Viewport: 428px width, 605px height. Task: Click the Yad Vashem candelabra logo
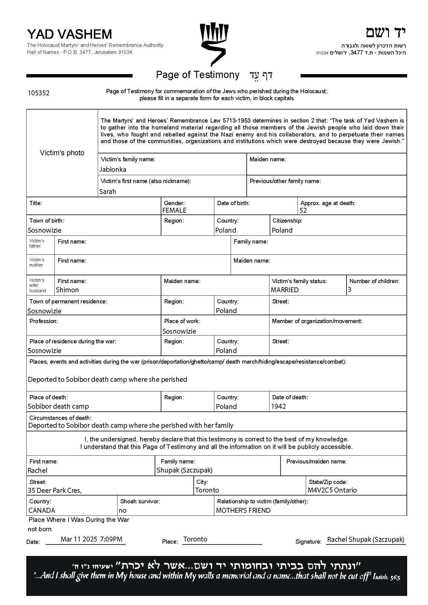[214, 44]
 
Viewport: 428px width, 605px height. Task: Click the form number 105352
[38, 93]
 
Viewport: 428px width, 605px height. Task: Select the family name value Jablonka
[113, 169]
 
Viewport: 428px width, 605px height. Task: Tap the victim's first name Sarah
[107, 191]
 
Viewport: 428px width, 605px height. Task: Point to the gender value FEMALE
[174, 210]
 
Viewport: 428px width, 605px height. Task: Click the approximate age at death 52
[303, 210]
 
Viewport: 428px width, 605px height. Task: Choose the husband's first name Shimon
[67, 290]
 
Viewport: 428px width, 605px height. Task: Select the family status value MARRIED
[285, 290]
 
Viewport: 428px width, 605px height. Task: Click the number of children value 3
[350, 289]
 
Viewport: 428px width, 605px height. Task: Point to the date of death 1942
[278, 406]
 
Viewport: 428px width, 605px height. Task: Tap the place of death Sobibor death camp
[58, 406]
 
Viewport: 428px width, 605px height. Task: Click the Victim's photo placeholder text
[62, 153]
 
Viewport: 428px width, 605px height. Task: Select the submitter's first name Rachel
[38, 470]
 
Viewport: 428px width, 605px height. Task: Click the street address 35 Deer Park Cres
[55, 490]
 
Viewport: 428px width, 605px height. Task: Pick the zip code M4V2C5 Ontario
[332, 490]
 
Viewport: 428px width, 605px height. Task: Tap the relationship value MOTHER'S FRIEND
[243, 510]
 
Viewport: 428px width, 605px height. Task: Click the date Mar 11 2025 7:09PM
[91, 539]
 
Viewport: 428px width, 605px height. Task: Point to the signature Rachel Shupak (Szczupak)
[366, 539]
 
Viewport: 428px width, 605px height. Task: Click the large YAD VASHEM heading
[69, 34]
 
